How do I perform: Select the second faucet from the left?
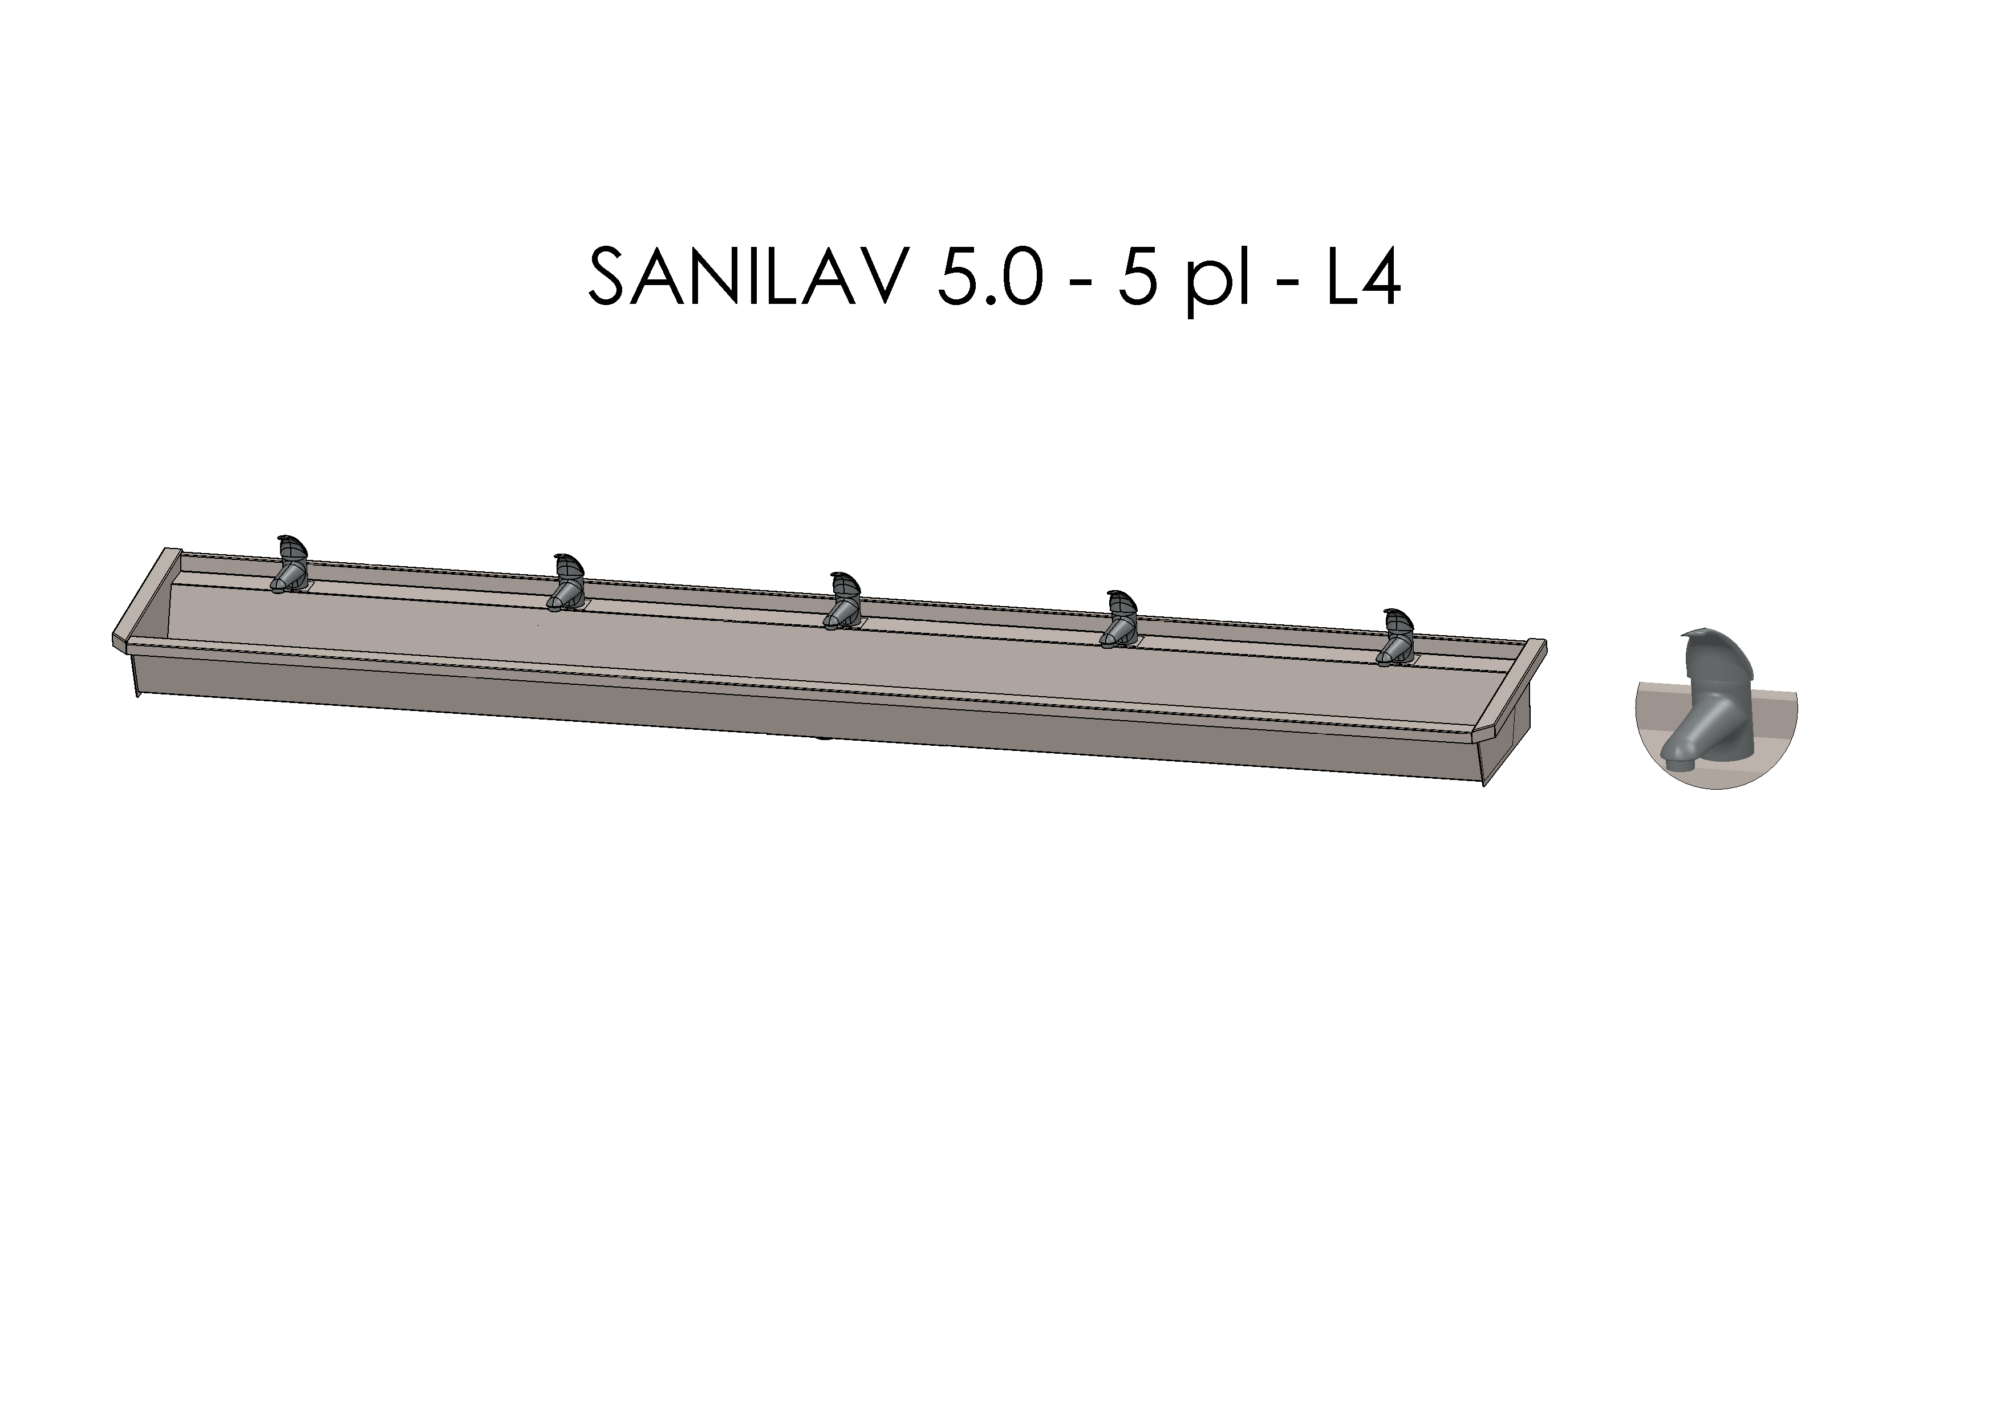click(566, 581)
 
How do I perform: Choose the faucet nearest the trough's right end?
click(1395, 637)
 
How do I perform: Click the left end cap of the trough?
click(144, 601)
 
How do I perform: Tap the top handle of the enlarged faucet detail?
click(1711, 653)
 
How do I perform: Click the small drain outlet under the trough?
click(824, 740)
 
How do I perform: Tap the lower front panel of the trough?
click(784, 714)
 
